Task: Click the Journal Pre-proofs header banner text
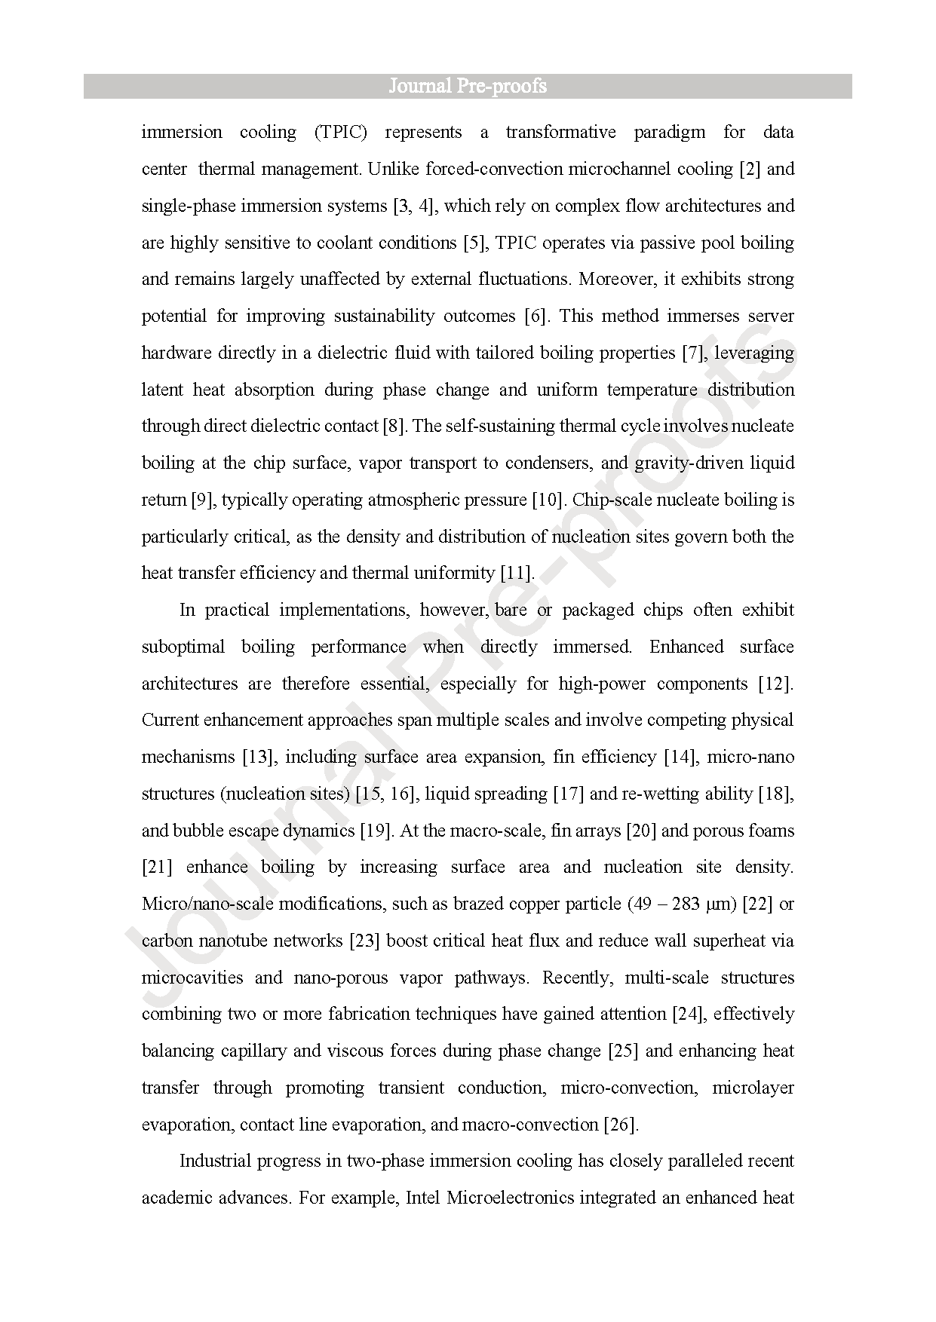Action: pyautogui.click(x=468, y=86)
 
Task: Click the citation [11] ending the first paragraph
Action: pyautogui.click(x=517, y=573)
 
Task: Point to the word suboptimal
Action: pyautogui.click(x=183, y=647)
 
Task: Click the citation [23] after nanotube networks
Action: pyautogui.click(x=365, y=941)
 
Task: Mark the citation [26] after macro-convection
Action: pyautogui.click(x=621, y=1125)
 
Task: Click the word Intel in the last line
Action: pyautogui.click(x=423, y=1198)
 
